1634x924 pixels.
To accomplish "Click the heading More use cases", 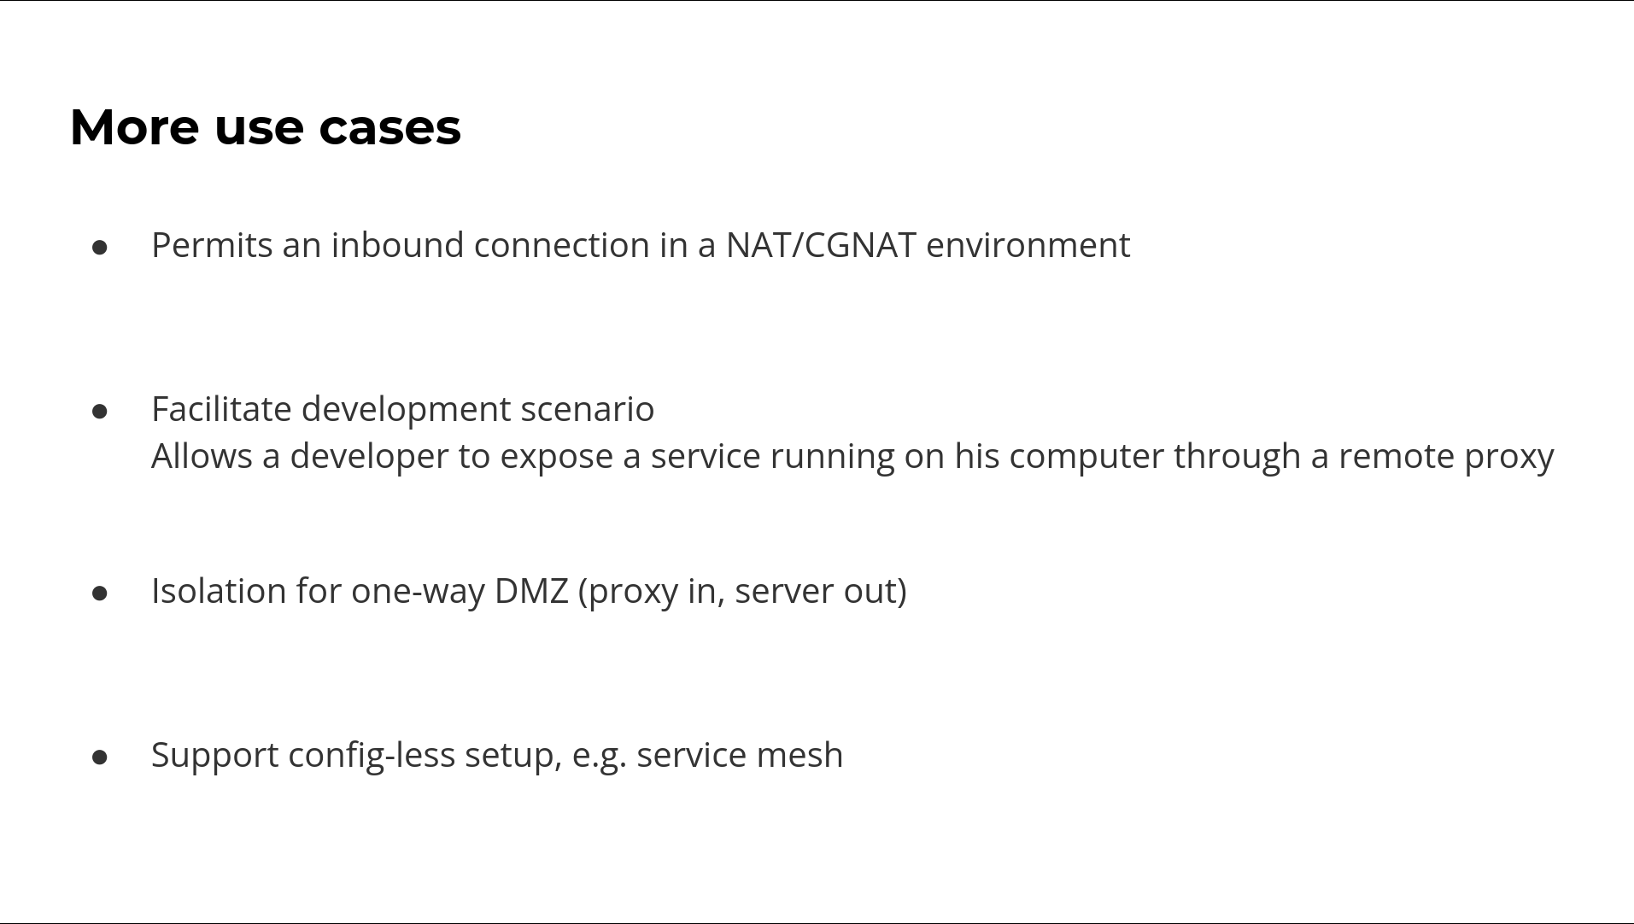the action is click(266, 127).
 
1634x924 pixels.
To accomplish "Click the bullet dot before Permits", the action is click(100, 248).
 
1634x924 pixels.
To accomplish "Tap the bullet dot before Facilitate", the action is click(100, 412).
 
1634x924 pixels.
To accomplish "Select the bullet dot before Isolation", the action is click(100, 594).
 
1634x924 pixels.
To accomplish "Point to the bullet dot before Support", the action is click(100, 757).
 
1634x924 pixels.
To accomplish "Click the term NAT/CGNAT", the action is click(821, 246).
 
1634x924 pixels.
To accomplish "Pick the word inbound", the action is click(398, 245).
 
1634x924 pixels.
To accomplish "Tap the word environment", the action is click(1028, 246).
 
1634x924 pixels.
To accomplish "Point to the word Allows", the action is click(202, 456).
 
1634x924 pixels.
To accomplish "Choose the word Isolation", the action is click(219, 591).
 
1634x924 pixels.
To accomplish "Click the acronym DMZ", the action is click(531, 591).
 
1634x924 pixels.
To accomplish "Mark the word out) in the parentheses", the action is click(876, 591).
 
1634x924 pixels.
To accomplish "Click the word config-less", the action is click(372, 756).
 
